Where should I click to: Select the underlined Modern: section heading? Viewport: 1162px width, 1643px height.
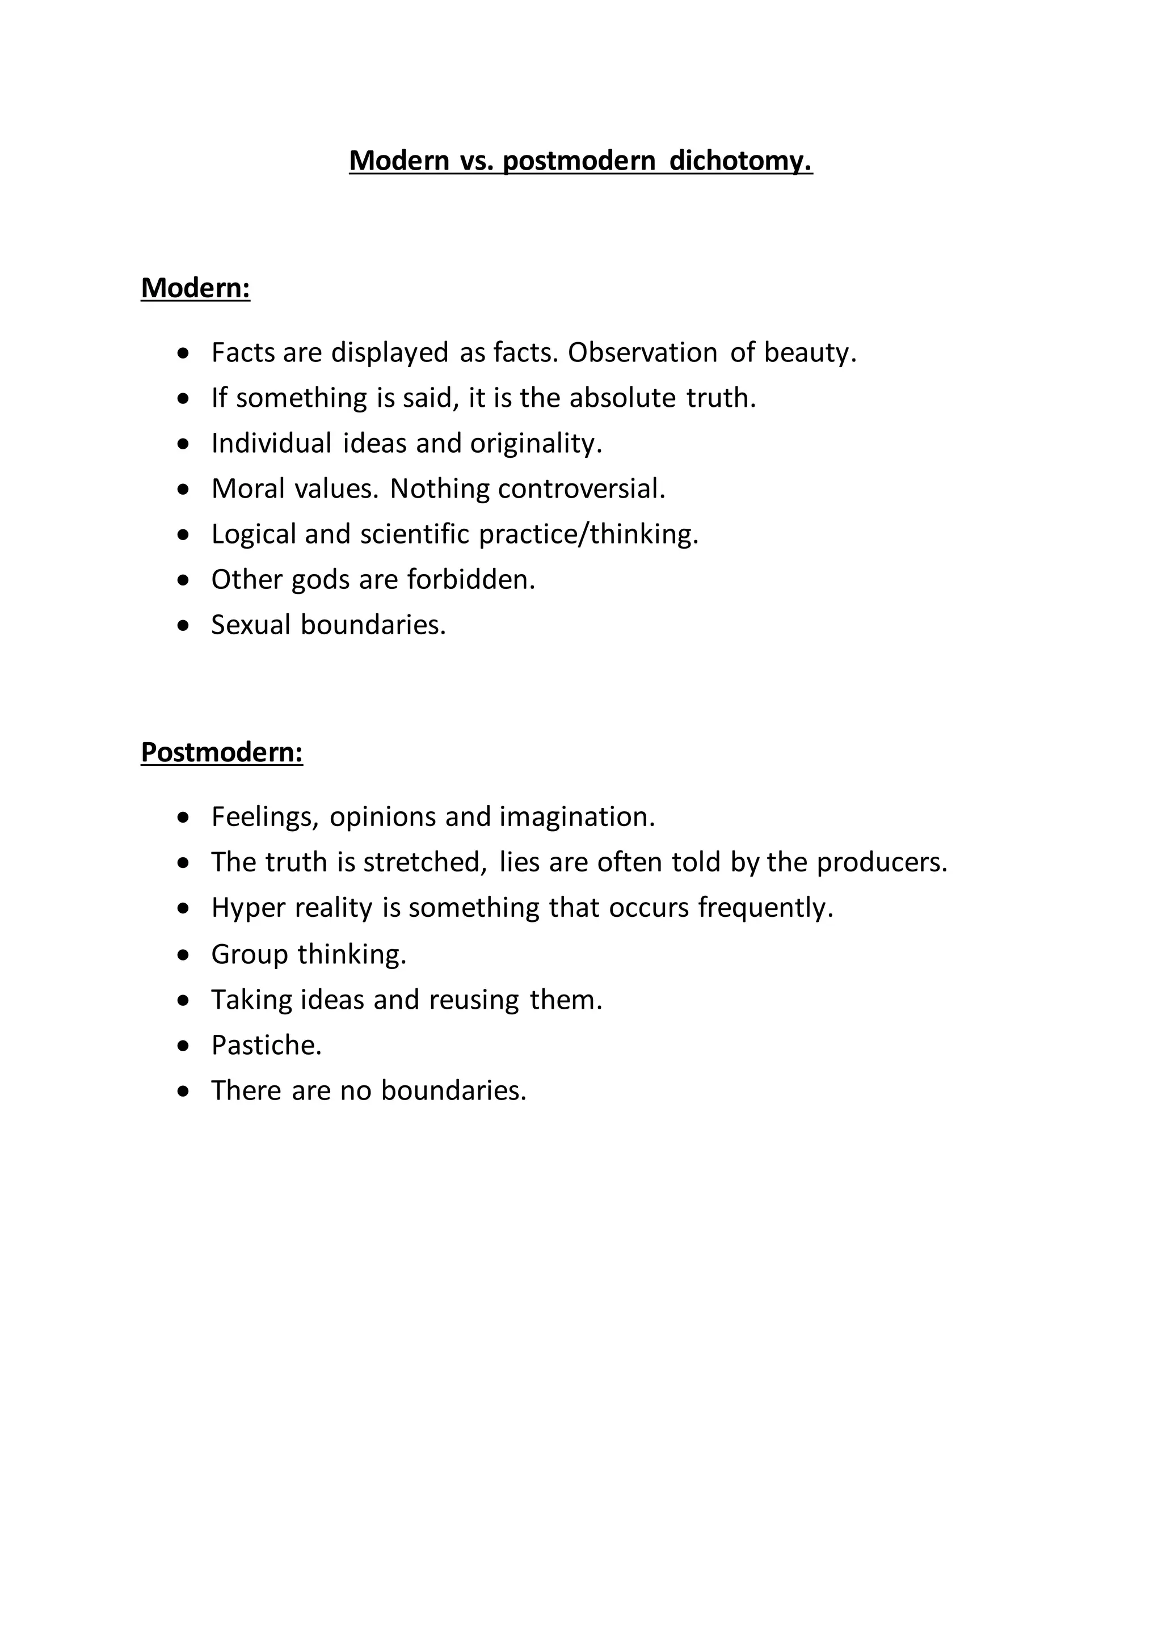click(195, 288)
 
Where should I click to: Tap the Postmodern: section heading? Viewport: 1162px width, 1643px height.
click(222, 752)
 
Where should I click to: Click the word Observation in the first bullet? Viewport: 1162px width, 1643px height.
click(642, 353)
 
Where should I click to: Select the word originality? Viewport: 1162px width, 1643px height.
click(536, 444)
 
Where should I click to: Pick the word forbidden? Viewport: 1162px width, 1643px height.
click(471, 580)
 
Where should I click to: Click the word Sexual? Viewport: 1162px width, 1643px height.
click(250, 625)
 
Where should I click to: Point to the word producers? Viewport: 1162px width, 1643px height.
click(882, 862)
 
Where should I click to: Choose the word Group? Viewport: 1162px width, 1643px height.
click(249, 955)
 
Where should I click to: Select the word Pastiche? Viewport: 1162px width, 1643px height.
click(266, 1046)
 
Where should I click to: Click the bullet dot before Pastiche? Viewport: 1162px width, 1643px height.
click(184, 1046)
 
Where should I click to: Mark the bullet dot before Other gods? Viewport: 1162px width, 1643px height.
click(184, 580)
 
